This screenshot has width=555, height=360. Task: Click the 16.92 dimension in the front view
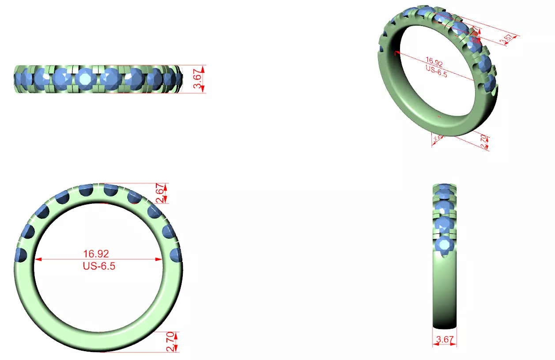click(x=96, y=254)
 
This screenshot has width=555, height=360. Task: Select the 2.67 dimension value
click(x=161, y=193)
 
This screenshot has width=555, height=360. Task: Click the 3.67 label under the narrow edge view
click(x=445, y=340)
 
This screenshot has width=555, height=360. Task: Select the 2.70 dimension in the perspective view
click(x=484, y=142)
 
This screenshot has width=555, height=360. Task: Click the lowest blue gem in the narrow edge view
click(x=444, y=245)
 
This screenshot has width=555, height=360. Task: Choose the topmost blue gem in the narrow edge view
click(x=445, y=187)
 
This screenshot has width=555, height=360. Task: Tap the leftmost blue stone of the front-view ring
click(x=21, y=255)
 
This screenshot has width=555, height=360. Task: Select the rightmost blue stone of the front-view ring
click(x=176, y=255)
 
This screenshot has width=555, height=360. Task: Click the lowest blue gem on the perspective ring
click(x=489, y=84)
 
